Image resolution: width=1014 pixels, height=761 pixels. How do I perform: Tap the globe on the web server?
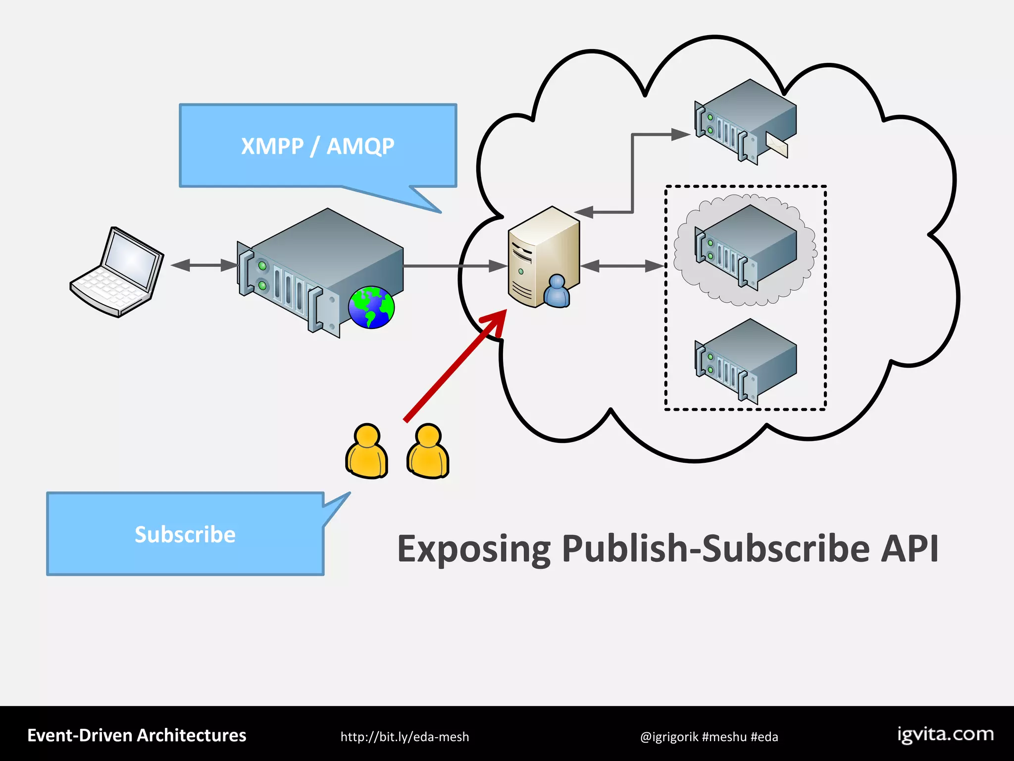tap(371, 307)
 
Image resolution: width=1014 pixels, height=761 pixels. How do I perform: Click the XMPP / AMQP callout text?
tap(317, 146)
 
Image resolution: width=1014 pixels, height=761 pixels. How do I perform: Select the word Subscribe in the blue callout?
tap(185, 535)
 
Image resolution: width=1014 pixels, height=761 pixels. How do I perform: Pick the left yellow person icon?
tap(366, 451)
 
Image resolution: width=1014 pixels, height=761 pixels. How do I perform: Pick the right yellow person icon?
tap(428, 451)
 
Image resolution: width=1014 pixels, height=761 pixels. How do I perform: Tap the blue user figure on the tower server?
tap(557, 292)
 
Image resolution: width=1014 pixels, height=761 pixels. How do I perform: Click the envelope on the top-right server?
tap(776, 144)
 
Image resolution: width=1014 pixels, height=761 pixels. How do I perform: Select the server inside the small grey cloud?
tap(745, 245)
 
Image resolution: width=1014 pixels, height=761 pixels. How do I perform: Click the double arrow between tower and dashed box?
tap(622, 267)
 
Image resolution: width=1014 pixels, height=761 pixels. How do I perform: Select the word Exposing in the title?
tap(474, 549)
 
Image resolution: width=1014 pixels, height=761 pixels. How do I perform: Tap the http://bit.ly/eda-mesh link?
tap(405, 737)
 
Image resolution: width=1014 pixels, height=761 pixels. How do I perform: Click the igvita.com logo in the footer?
tap(945, 735)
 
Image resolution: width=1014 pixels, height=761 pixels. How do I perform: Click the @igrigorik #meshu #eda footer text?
tap(709, 737)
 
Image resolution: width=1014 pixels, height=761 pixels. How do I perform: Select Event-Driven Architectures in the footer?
tap(137, 735)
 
